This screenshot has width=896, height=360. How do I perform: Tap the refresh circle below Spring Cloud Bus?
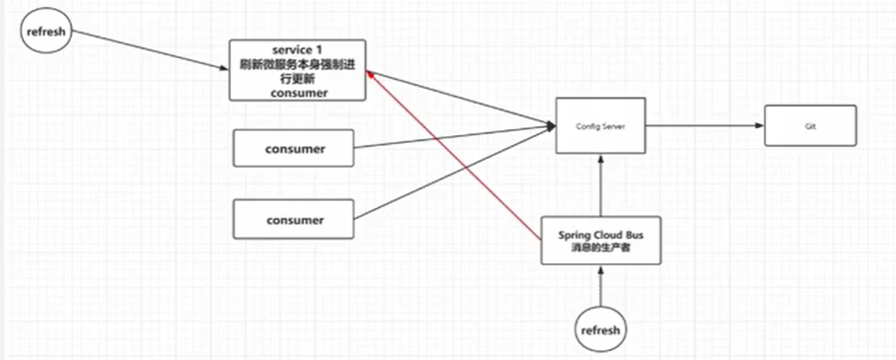click(600, 329)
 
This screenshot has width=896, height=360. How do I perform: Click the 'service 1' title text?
click(298, 49)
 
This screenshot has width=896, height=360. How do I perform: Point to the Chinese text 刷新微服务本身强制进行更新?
click(297, 71)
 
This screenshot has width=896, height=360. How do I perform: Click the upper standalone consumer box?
click(293, 149)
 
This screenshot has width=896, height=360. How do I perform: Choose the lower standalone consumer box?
click(293, 218)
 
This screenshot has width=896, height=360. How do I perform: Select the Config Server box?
click(600, 125)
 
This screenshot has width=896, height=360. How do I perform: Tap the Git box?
click(810, 127)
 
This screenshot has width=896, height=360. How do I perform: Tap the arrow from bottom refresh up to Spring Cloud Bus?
click(600, 287)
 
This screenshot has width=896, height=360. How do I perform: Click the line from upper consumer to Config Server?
click(454, 136)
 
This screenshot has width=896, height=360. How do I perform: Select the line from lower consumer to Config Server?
click(454, 172)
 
